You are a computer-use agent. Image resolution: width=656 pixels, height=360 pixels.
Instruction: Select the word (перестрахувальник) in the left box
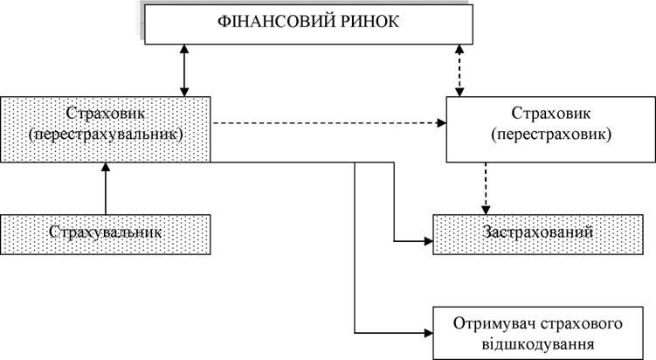(106, 135)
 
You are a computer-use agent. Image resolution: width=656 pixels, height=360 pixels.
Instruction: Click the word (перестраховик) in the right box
(551, 135)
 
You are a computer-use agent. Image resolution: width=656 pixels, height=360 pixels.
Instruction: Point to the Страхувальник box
(106, 234)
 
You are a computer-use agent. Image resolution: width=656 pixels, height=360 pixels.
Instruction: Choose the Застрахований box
(537, 234)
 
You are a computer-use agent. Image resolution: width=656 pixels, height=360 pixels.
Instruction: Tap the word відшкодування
(537, 344)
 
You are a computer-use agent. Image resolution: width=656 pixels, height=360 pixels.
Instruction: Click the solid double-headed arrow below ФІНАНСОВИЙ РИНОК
(184, 70)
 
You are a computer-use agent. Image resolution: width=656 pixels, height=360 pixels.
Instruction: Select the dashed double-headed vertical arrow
(459, 70)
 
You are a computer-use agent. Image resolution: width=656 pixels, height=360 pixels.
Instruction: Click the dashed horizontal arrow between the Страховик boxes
(328, 123)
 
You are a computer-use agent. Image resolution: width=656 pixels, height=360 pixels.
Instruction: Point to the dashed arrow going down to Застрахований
(486, 189)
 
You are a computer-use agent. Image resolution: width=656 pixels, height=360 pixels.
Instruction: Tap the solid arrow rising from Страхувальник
(106, 189)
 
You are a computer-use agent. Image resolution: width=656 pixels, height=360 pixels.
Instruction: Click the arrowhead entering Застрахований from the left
(428, 241)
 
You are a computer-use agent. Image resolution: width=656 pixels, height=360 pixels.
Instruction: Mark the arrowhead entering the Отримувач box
(428, 333)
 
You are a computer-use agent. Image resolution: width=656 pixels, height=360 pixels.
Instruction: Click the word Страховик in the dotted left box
(106, 113)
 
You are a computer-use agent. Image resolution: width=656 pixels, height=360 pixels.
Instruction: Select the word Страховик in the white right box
(551, 113)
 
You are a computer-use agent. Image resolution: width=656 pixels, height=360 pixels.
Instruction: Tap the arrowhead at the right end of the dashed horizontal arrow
(442, 123)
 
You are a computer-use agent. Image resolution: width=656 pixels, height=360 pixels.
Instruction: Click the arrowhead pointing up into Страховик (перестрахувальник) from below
(106, 167)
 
